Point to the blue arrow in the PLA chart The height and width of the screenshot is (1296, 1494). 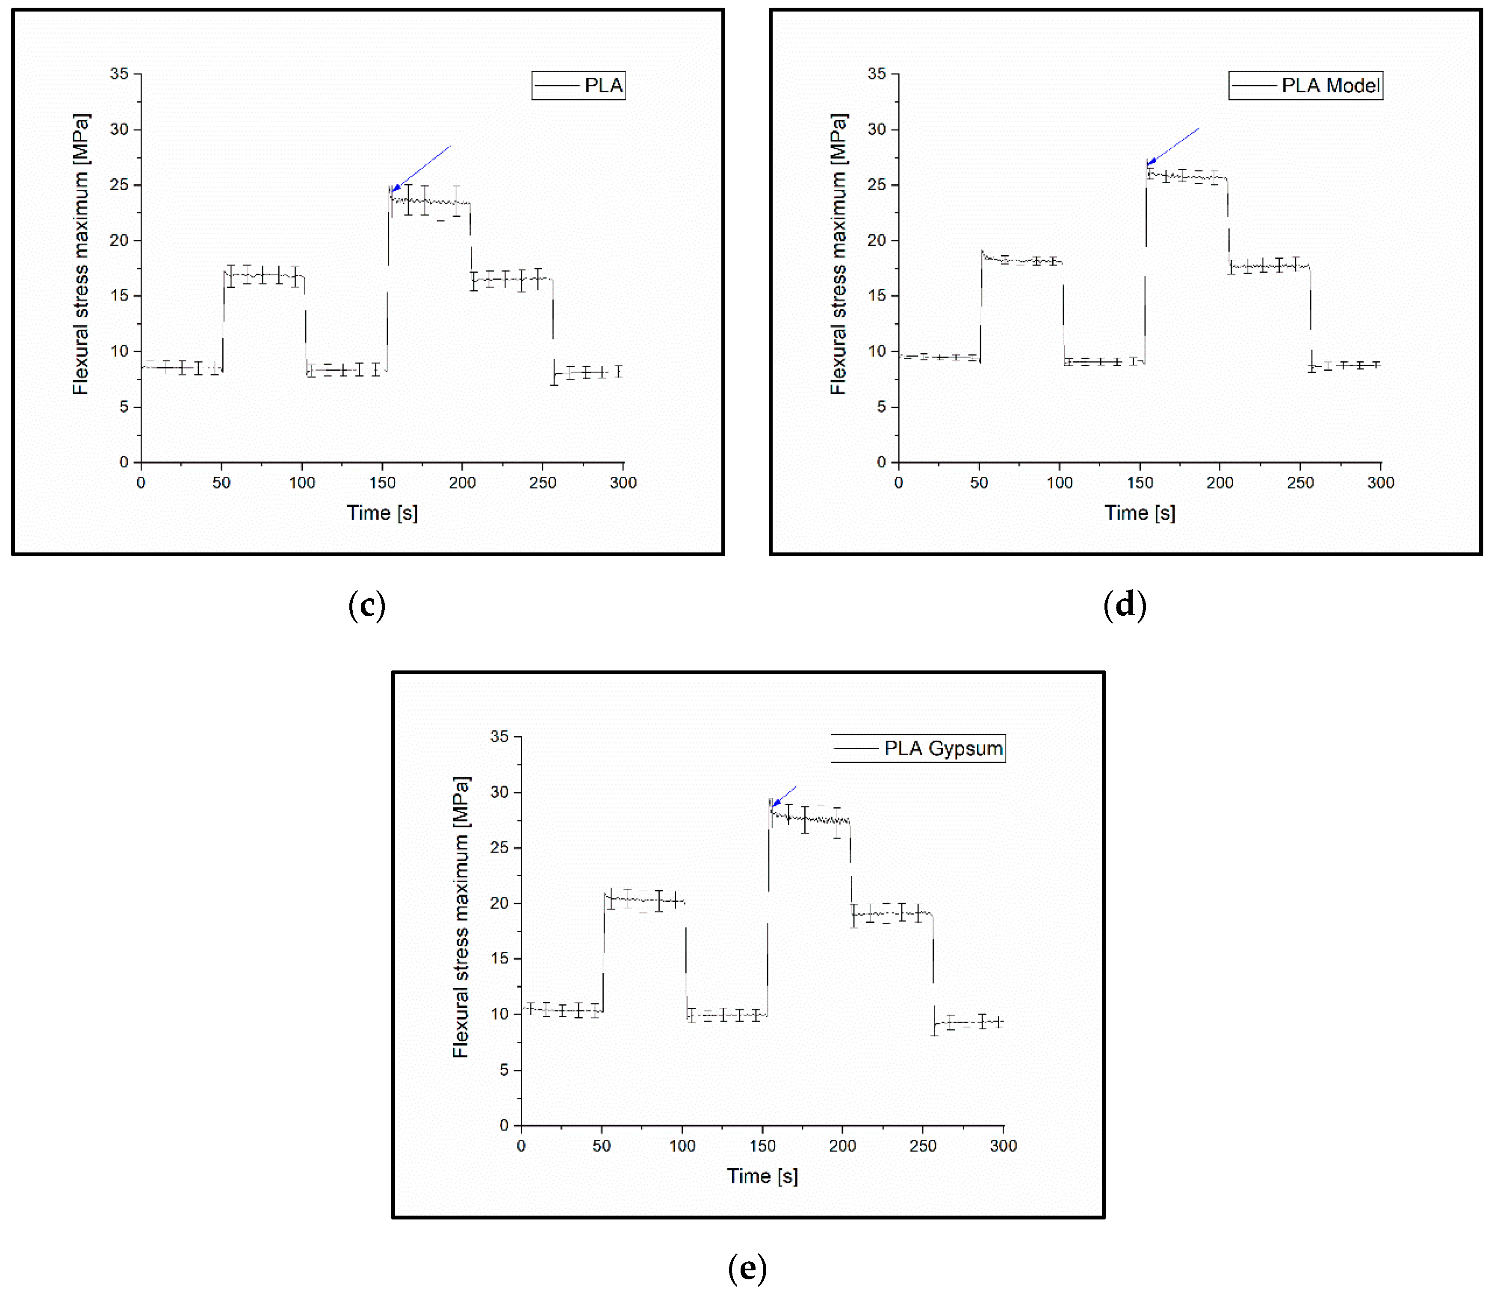coord(420,168)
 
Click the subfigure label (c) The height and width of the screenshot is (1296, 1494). coord(366,605)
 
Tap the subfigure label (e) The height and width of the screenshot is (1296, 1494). coord(747,1267)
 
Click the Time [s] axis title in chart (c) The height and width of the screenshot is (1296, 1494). coord(382,513)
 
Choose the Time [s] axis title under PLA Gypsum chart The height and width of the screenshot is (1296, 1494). coord(762,1176)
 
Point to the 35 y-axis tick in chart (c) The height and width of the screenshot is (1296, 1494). coord(119,74)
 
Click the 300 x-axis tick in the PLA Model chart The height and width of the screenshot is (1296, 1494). coord(1380,482)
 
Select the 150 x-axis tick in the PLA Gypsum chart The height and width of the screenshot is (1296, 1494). coord(762,1145)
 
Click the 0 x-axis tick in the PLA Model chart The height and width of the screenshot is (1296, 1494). coord(898,482)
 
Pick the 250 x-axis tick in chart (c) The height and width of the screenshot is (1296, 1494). coord(542,482)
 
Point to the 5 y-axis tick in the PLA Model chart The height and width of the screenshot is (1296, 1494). coord(881,407)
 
